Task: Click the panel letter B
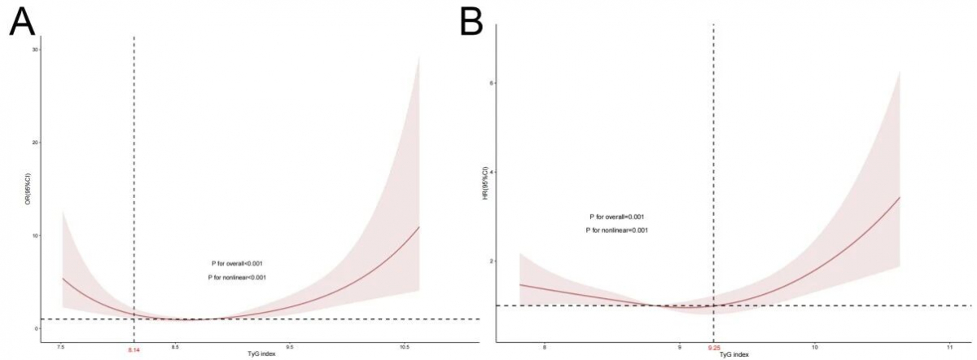pyautogui.click(x=472, y=23)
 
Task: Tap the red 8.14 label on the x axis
pyautogui.click(x=134, y=350)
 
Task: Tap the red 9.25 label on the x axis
pyautogui.click(x=714, y=350)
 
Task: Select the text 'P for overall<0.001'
pyautogui.click(x=236, y=264)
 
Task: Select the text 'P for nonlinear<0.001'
pyautogui.click(x=237, y=279)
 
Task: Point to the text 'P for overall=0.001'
pyautogui.click(x=617, y=217)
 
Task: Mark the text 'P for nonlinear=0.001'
pyautogui.click(x=617, y=230)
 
